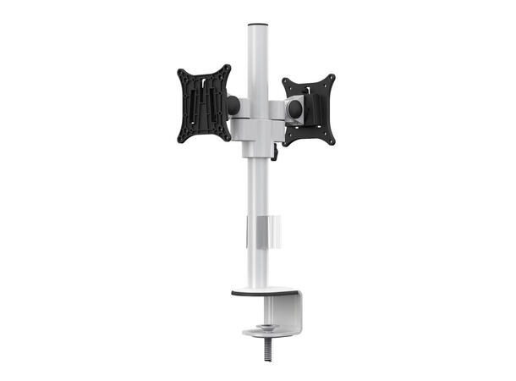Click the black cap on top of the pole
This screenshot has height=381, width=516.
click(x=257, y=25)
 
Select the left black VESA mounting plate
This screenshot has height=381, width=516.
click(x=203, y=103)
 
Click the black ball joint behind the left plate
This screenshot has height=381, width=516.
click(x=233, y=105)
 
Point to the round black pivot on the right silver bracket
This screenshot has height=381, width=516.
click(x=295, y=108)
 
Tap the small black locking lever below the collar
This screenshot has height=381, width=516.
click(x=275, y=152)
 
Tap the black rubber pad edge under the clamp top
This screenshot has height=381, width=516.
click(x=254, y=295)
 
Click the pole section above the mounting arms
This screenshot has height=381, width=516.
click(x=257, y=59)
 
